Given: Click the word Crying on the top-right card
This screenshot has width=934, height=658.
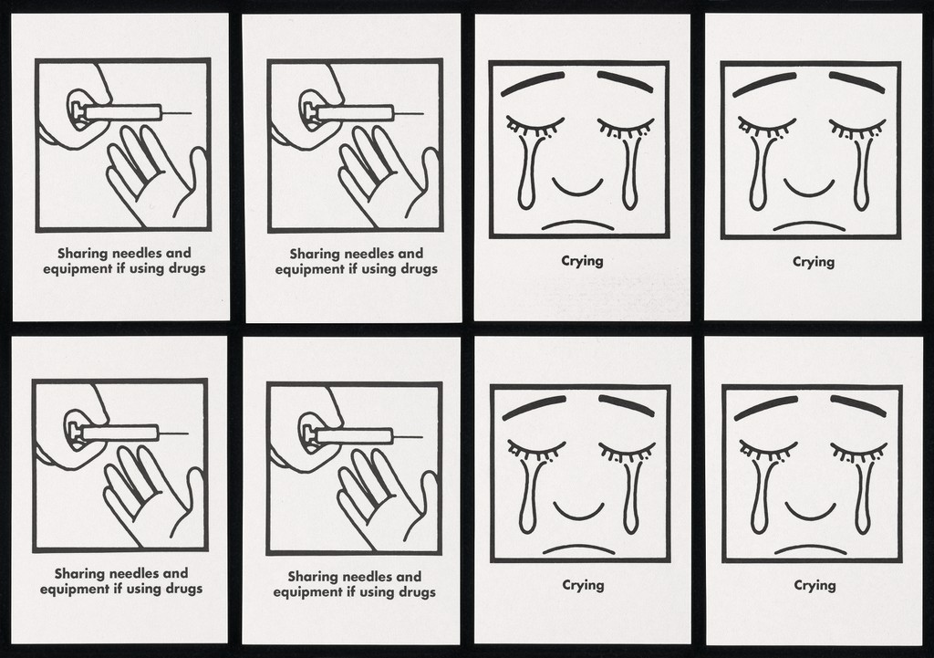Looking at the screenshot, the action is (x=813, y=262).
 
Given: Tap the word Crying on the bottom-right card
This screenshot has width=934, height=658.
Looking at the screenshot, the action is (x=815, y=585).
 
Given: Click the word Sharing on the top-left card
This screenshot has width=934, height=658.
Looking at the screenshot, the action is (x=82, y=254).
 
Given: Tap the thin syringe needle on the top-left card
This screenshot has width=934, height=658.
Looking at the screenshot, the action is (x=176, y=112).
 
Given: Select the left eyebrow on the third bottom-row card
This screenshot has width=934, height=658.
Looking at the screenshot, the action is (x=533, y=407).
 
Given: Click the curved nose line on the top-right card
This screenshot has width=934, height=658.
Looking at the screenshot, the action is (x=809, y=191).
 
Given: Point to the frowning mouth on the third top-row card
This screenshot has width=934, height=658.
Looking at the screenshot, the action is (x=577, y=225).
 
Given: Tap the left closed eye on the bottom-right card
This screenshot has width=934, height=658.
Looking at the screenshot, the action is (x=767, y=450).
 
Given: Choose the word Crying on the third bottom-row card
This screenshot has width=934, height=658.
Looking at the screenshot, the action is (x=583, y=585).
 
